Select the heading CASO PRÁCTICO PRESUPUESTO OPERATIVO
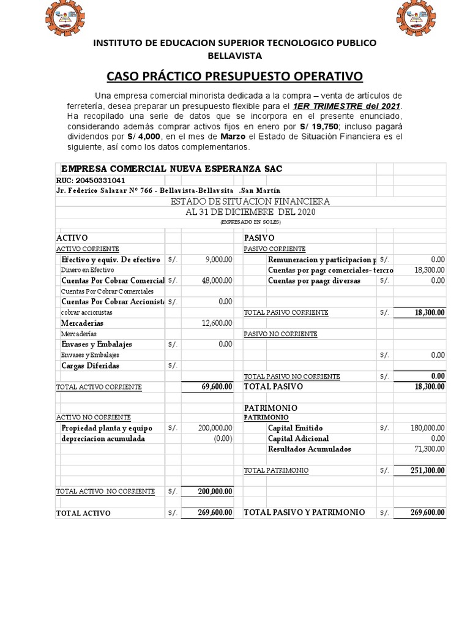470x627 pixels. click(234, 76)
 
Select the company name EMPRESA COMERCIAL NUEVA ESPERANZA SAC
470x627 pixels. click(171, 168)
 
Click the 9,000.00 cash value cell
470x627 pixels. click(218, 260)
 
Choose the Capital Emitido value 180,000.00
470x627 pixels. click(428, 428)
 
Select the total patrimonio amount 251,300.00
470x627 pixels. click(428, 470)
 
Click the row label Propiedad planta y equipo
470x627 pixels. click(106, 428)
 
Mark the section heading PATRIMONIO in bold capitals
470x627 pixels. click(270, 407)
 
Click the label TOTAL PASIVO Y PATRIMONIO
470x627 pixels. click(304, 512)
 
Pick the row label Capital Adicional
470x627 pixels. click(298, 438)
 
